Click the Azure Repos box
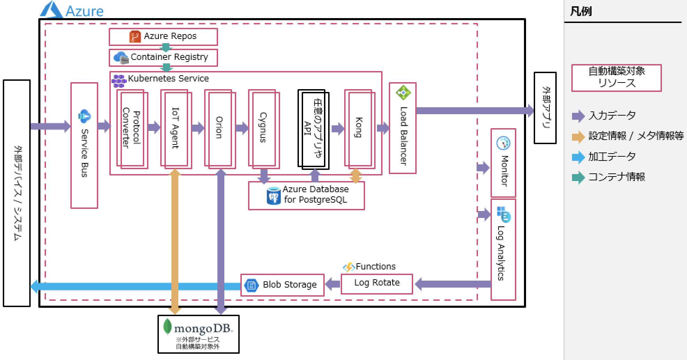163,37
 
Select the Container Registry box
163,57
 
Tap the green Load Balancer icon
403,93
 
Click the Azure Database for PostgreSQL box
306,195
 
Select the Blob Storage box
282,285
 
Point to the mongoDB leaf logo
168,327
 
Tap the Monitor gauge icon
503,143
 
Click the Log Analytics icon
503,214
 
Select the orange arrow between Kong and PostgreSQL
355,176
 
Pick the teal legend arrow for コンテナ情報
578,177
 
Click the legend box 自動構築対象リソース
616,78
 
